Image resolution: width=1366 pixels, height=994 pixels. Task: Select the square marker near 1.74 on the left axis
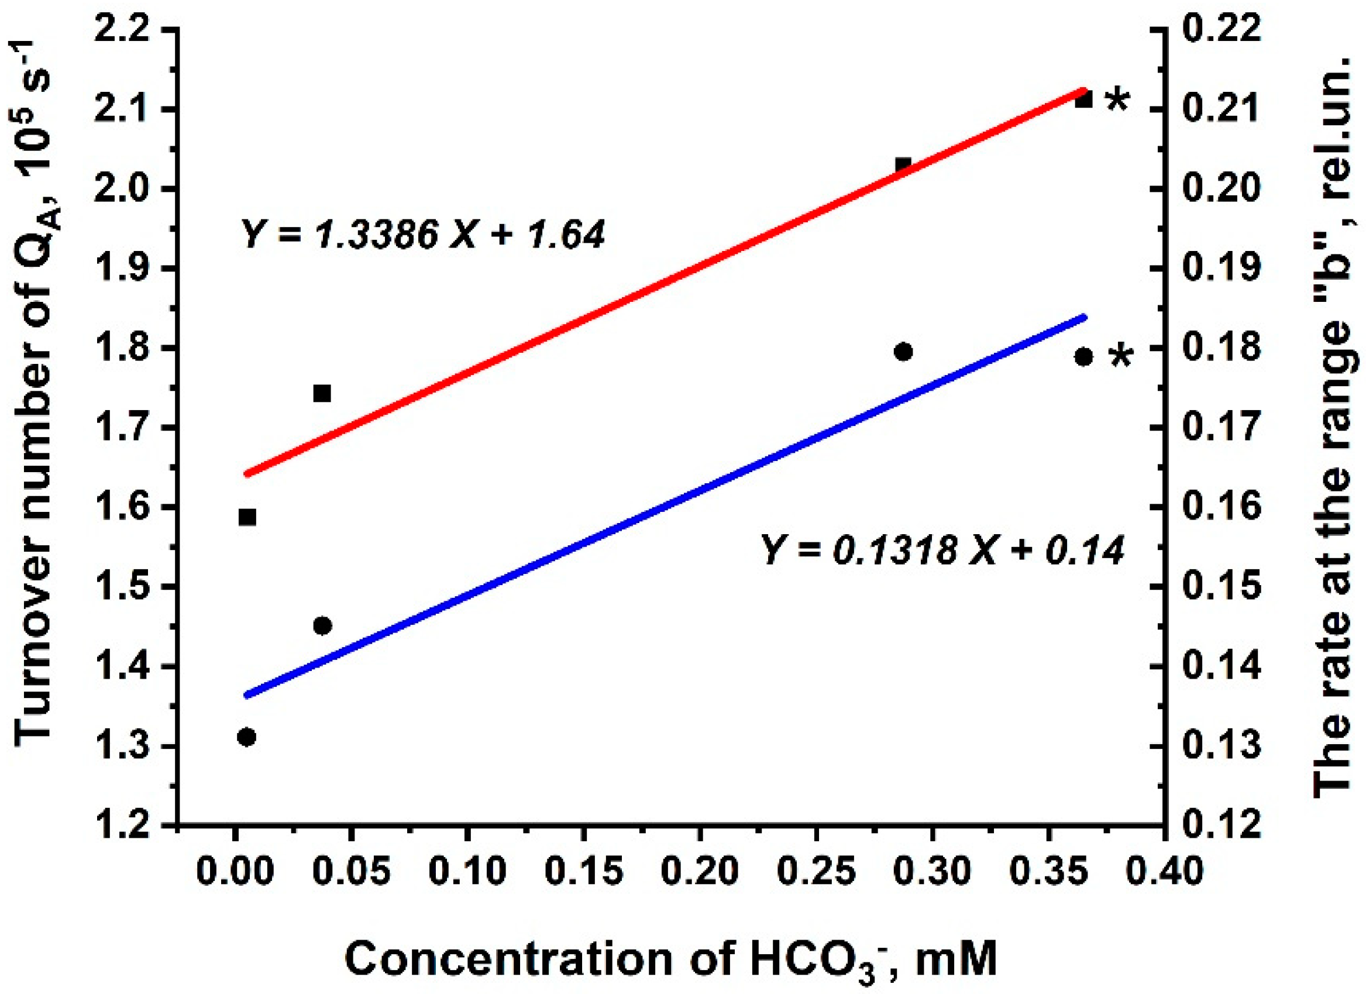click(322, 393)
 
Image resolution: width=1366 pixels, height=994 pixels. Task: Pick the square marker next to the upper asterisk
click(1083, 99)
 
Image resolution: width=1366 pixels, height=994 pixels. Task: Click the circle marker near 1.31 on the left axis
click(246, 737)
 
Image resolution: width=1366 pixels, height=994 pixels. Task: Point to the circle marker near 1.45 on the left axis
click(322, 626)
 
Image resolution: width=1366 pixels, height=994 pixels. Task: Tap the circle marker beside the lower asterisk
click(1083, 357)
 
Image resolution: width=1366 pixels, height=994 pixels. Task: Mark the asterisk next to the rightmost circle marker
click(1120, 357)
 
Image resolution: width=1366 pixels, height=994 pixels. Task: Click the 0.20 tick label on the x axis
click(699, 872)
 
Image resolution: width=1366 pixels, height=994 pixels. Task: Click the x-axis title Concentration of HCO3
click(671, 960)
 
